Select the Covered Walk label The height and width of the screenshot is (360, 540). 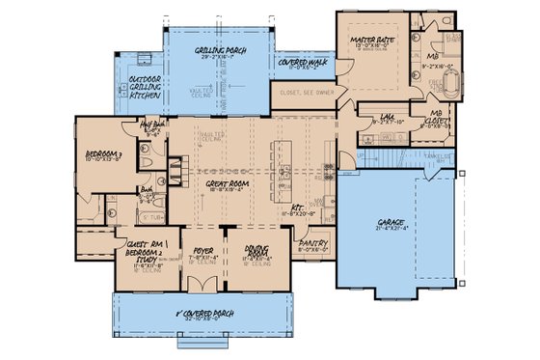click(x=301, y=63)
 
